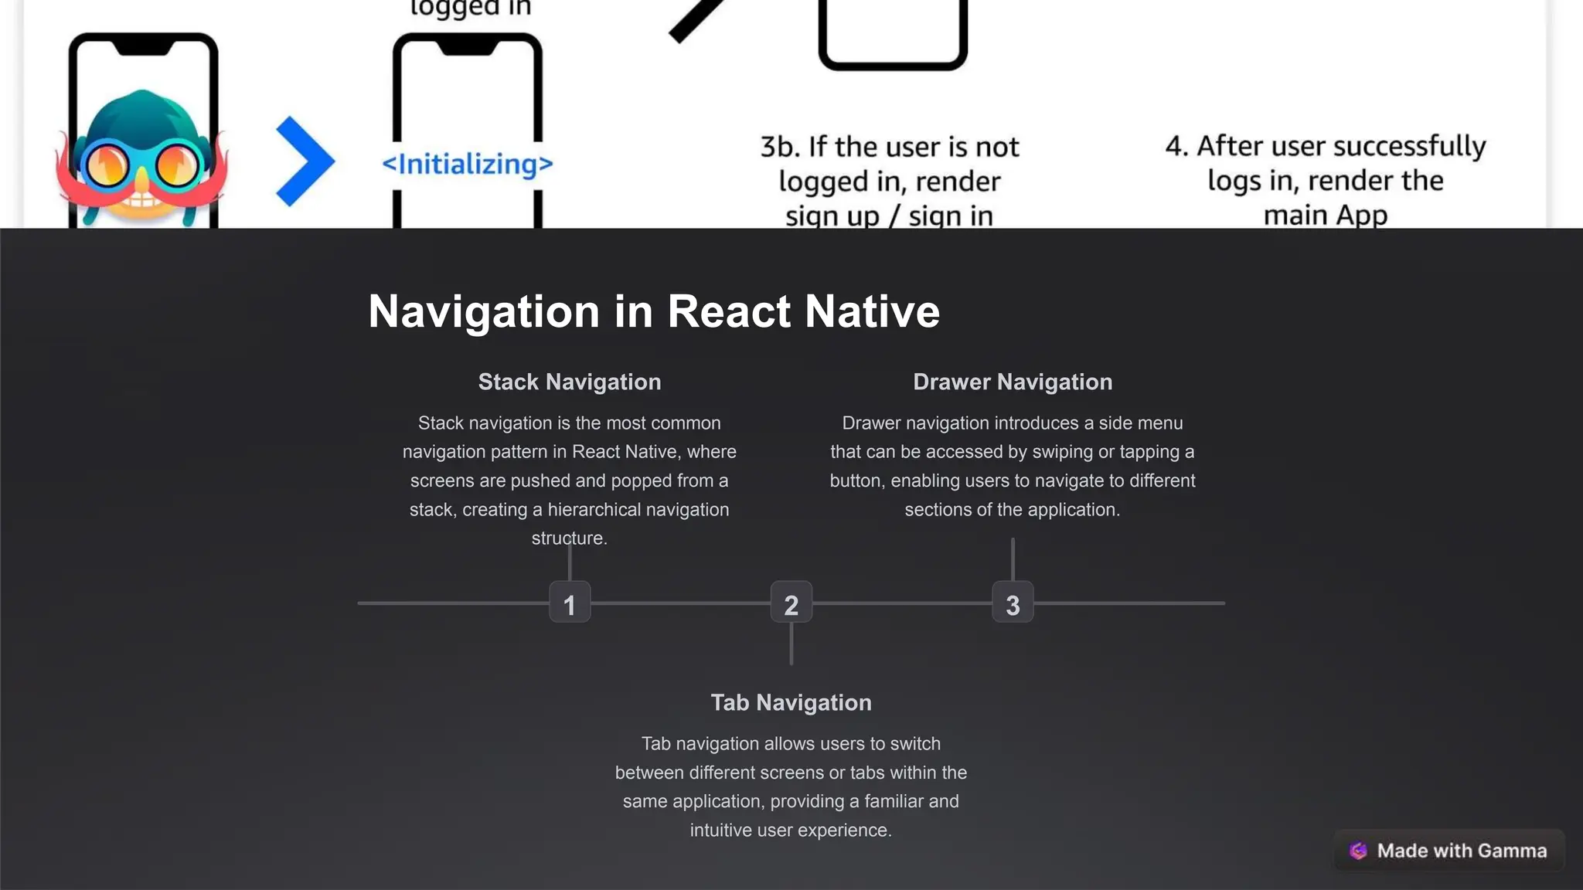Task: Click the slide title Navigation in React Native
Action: pyautogui.click(x=653, y=311)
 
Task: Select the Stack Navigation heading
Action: pyautogui.click(x=570, y=382)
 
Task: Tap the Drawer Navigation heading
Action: pyautogui.click(x=1013, y=382)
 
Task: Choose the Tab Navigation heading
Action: pyautogui.click(x=791, y=702)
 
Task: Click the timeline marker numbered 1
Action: pyautogui.click(x=570, y=603)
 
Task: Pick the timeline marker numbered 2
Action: pyautogui.click(x=791, y=603)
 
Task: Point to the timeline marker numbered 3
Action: pyautogui.click(x=1013, y=603)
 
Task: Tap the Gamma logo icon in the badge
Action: pyautogui.click(x=1358, y=851)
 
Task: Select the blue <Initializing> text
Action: pyautogui.click(x=468, y=164)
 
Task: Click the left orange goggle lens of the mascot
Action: pyautogui.click(x=107, y=165)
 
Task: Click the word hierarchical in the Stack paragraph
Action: pyautogui.click(x=592, y=510)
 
